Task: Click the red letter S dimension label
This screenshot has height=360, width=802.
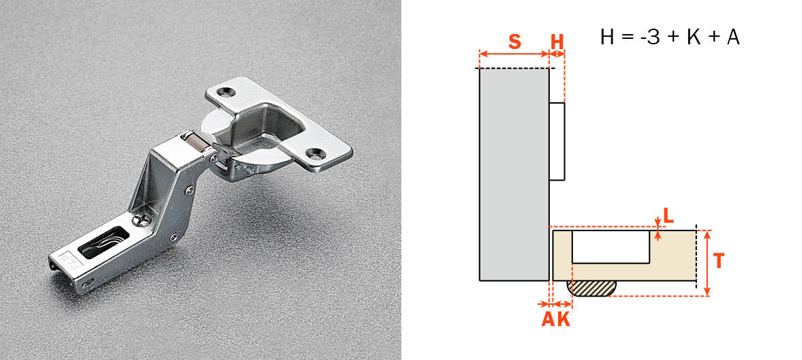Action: pyautogui.click(x=514, y=41)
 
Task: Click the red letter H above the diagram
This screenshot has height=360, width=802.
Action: pyautogui.click(x=557, y=41)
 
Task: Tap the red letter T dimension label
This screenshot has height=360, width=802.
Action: pyautogui.click(x=719, y=260)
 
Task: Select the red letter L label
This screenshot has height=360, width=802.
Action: pyautogui.click(x=668, y=216)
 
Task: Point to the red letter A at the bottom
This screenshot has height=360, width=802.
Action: pyautogui.click(x=548, y=320)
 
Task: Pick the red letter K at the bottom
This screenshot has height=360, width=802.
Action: pyautogui.click(x=563, y=320)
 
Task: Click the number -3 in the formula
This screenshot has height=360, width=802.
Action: pyautogui.click(x=649, y=37)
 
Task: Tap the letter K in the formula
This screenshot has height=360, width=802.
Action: pyautogui.click(x=693, y=37)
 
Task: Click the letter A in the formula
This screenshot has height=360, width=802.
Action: pyautogui.click(x=733, y=37)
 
